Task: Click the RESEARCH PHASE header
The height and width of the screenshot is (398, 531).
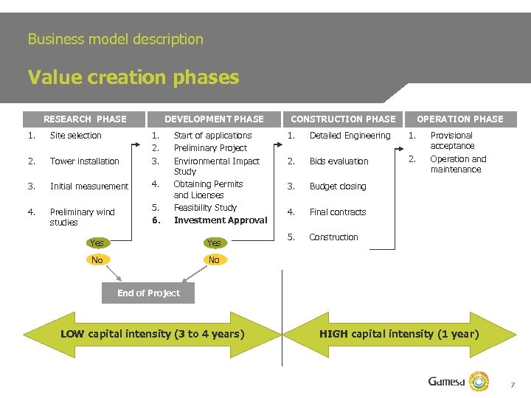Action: click(85, 119)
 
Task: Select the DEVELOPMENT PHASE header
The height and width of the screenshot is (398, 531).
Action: click(214, 119)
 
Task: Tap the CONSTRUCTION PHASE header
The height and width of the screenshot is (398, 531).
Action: click(343, 119)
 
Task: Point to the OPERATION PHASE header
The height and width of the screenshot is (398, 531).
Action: click(460, 119)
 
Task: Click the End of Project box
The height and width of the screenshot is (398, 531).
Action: click(148, 293)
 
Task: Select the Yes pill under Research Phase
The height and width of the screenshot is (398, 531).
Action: click(97, 243)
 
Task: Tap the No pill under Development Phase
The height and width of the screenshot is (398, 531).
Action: click(214, 260)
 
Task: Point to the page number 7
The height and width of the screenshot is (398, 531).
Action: click(512, 385)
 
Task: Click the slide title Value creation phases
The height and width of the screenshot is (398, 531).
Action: click(133, 77)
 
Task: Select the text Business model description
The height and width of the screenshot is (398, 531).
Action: click(115, 39)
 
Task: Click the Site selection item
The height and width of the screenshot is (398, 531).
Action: click(76, 136)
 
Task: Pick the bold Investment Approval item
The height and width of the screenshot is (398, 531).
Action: click(221, 220)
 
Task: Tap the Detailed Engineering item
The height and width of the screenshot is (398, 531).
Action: click(350, 136)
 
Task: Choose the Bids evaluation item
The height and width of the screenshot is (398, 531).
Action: click(339, 161)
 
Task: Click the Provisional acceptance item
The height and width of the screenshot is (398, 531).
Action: click(452, 141)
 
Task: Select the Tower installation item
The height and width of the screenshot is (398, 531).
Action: click(84, 161)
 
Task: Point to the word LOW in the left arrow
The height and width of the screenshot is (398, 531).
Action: click(72, 334)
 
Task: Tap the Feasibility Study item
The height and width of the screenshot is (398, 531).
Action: click(205, 208)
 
